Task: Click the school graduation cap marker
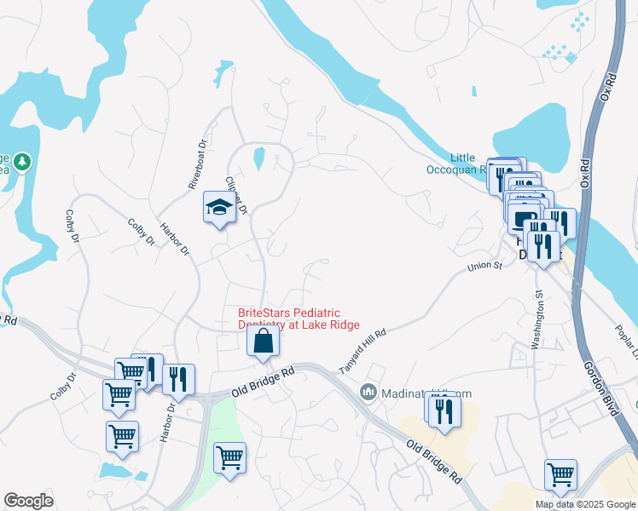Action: click(219, 208)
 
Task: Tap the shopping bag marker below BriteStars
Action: click(263, 342)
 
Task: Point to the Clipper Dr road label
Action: click(235, 195)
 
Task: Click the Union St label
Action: click(484, 267)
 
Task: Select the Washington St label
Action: click(537, 319)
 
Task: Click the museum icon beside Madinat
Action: click(368, 392)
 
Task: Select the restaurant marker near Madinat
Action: click(443, 411)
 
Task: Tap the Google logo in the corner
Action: click(28, 501)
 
